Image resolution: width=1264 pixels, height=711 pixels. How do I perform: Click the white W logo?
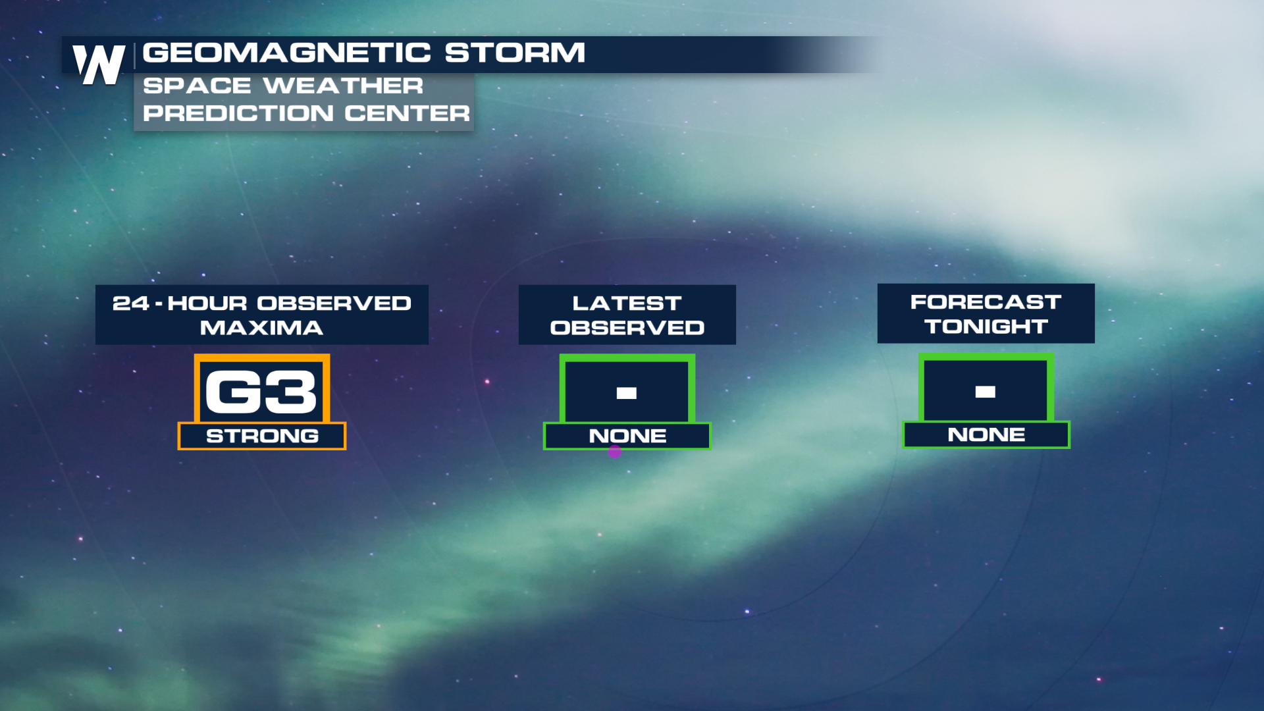coord(99,65)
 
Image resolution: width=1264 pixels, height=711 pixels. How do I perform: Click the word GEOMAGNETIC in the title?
coord(287,53)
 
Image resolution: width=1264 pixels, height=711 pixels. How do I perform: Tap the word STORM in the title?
coord(515,53)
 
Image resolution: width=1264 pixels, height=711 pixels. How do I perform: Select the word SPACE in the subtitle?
coord(197,86)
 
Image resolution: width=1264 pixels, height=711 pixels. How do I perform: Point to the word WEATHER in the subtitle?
coord(343,86)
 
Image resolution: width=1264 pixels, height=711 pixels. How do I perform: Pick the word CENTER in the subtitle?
coord(408,113)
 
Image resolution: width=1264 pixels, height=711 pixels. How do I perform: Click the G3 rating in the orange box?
coord(261,392)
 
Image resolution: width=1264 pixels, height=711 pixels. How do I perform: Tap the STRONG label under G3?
coord(262,436)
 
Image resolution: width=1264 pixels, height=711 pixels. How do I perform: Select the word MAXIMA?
coord(261,328)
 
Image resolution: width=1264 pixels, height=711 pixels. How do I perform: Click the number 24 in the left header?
coord(130,303)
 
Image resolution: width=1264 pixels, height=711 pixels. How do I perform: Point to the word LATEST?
coord(627,303)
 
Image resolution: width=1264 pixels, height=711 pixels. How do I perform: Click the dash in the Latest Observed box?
coord(627,393)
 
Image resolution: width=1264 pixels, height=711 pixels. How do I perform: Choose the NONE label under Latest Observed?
coord(627,436)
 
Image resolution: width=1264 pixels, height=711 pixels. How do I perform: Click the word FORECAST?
coord(986,302)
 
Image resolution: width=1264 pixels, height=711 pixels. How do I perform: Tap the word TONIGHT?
coord(986,327)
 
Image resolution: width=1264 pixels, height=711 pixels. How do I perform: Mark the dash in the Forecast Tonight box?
coord(986,392)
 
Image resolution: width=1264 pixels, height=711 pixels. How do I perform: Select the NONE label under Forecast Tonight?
coord(986,434)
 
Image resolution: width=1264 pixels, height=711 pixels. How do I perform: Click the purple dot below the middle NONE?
coord(615,452)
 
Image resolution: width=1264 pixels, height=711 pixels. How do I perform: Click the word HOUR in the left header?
coord(207,303)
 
